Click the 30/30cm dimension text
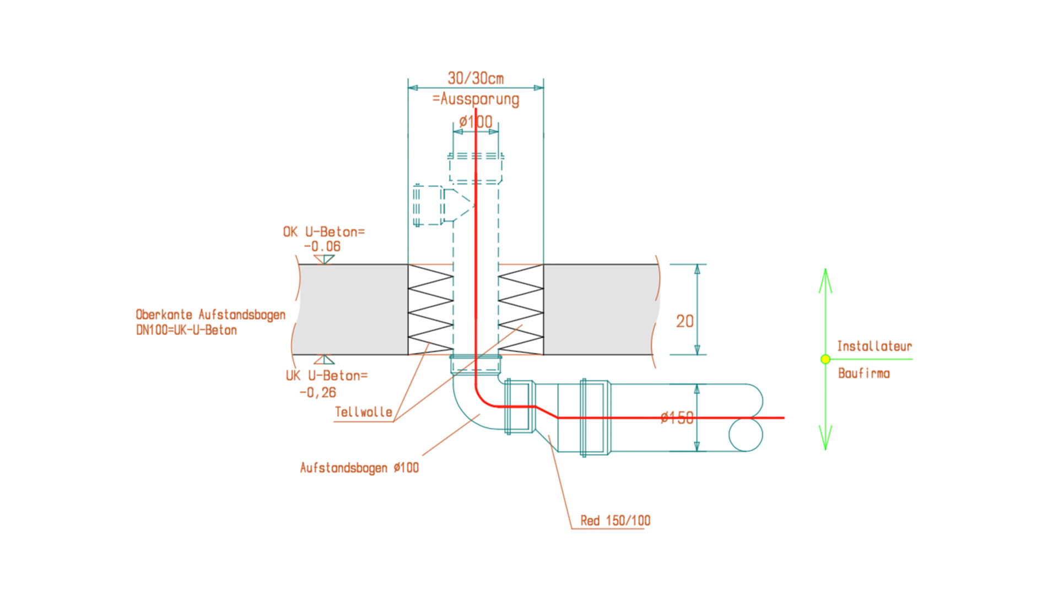[475, 78]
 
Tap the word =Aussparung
[476, 99]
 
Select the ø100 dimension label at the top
[476, 122]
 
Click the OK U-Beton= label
[323, 232]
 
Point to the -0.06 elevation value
[322, 246]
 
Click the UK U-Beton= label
[326, 376]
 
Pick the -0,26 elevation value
[317, 392]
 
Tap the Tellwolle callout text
[363, 412]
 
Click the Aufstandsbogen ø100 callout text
[359, 468]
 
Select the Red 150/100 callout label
[615, 521]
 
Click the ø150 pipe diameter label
[677, 418]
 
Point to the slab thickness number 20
[684, 321]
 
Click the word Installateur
[875, 346]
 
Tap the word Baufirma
[863, 374]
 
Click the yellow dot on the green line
[825, 359]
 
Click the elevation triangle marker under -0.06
[324, 259]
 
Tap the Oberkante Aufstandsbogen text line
[210, 315]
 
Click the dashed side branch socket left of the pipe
[428, 205]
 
